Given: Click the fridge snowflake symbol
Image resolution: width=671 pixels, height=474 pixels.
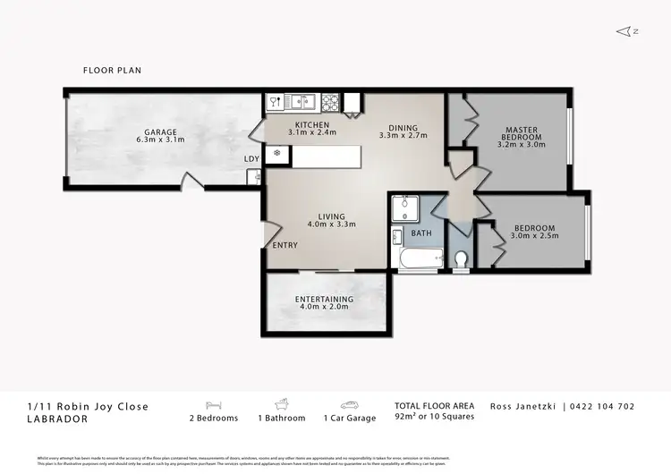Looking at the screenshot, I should (278, 153).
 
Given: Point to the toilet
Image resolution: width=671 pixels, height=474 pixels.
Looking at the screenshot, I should (461, 259).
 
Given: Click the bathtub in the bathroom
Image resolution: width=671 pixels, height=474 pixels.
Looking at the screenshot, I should (418, 260).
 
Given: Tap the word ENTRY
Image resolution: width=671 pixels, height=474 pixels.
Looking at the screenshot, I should (285, 246).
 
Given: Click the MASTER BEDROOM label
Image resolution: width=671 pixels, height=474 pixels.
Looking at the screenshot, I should (520, 134).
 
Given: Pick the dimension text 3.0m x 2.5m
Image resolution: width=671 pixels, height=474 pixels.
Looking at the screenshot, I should (533, 236).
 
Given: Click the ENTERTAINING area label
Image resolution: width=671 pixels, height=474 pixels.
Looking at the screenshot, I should (324, 300).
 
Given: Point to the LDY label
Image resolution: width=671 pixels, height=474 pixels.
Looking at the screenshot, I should (252, 159).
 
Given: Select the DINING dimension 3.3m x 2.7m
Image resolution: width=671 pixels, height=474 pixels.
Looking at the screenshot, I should (403, 136).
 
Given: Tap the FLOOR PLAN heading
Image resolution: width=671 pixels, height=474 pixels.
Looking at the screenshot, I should (112, 70).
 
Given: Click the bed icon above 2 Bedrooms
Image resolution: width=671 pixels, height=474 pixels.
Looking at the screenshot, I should (213, 404).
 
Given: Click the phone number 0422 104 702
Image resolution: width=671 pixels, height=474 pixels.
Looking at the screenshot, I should (604, 406).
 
